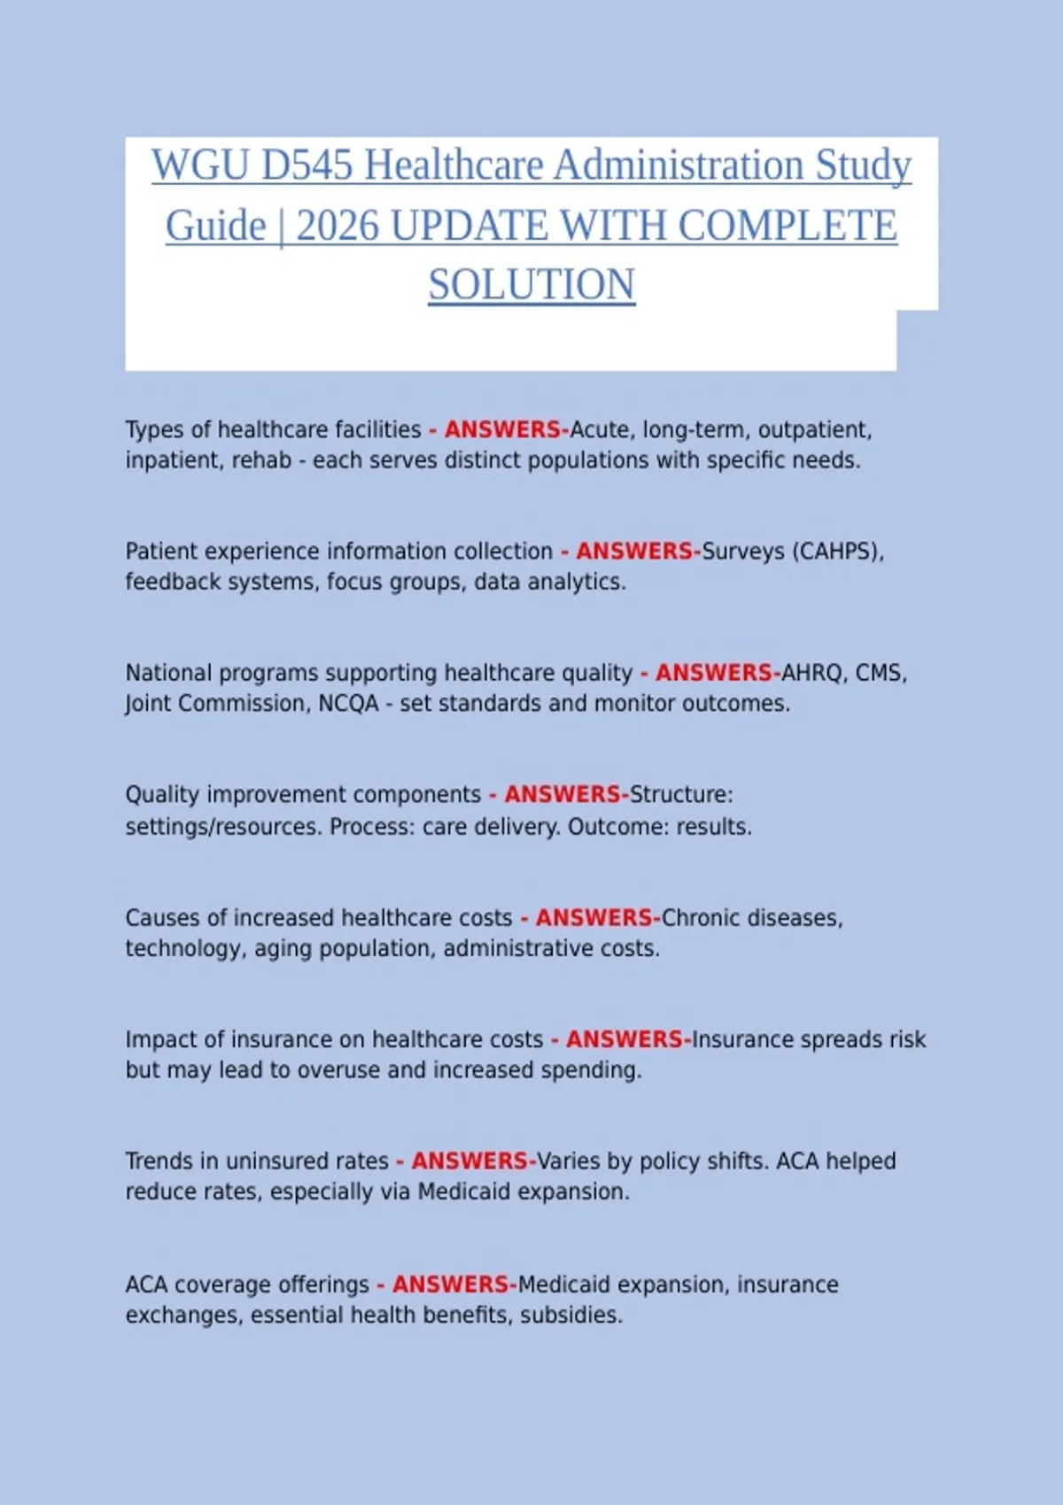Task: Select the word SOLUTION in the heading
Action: pos(531,285)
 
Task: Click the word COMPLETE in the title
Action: pos(788,226)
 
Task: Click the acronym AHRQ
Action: pos(811,673)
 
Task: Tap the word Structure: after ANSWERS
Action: pos(681,794)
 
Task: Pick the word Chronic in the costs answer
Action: pos(701,918)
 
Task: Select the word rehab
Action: pos(261,461)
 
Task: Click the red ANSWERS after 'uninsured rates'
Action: pos(469,1161)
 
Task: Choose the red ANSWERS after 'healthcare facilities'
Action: pos(503,430)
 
